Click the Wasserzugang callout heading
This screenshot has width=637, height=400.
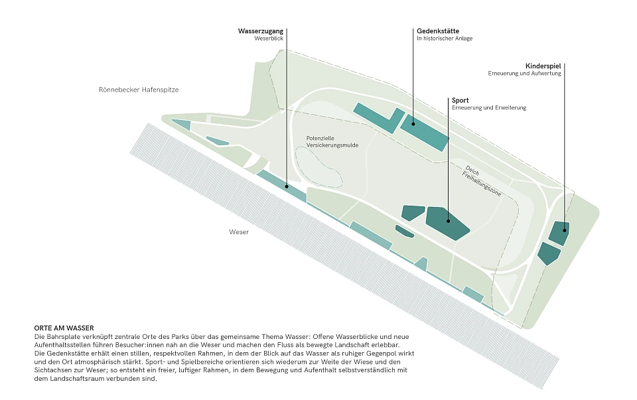[260, 31]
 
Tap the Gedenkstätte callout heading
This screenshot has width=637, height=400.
[438, 31]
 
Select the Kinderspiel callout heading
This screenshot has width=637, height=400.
[543, 66]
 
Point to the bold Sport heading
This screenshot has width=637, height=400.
[460, 100]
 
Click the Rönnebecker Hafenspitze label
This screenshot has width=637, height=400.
[139, 90]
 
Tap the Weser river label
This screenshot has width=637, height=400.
[239, 232]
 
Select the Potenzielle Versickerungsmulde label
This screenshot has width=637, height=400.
[332, 142]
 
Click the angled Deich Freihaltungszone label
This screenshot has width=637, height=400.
[482, 180]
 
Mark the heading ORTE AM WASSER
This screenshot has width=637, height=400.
[64, 328]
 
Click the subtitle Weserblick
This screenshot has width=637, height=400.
[269, 38]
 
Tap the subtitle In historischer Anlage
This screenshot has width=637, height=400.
[445, 38]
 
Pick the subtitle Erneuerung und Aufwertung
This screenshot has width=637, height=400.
[524, 74]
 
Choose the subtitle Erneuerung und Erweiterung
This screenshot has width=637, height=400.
[489, 107]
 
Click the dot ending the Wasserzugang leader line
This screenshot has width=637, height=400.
[287, 186]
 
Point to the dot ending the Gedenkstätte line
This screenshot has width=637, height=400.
[413, 124]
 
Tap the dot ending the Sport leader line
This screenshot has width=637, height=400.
[449, 222]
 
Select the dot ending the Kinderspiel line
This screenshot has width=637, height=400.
[565, 230]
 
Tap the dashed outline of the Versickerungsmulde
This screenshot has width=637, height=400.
[297, 163]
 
